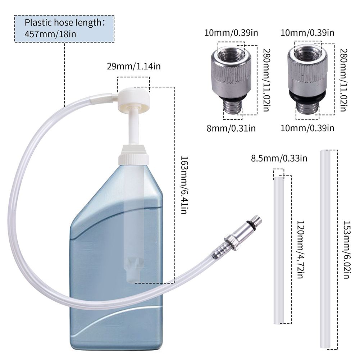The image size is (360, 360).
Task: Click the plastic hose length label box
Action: [x=64, y=29]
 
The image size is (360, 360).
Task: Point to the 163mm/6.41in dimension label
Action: [x=183, y=185]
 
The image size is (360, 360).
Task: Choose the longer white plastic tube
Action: [x=325, y=250]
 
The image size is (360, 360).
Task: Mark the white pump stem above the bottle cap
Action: [x=133, y=126]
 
